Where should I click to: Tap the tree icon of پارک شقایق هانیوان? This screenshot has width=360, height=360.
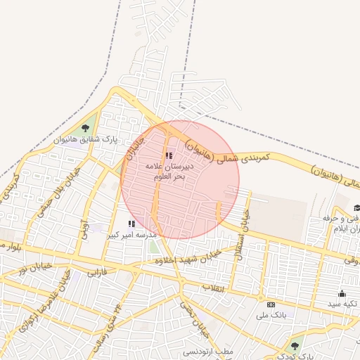click(85, 127)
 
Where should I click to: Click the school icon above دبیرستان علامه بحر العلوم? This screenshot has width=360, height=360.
click(168, 155)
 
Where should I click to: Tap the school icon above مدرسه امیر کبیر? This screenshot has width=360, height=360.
click(131, 224)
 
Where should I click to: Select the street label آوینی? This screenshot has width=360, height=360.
click(85, 229)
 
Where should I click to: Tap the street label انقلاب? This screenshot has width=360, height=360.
click(212, 288)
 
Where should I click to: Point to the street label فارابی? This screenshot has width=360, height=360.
click(97, 271)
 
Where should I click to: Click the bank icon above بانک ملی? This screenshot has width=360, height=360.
click(271, 304)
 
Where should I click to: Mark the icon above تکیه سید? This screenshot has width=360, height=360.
click(342, 293)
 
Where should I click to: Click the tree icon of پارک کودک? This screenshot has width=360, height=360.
click(295, 345)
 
